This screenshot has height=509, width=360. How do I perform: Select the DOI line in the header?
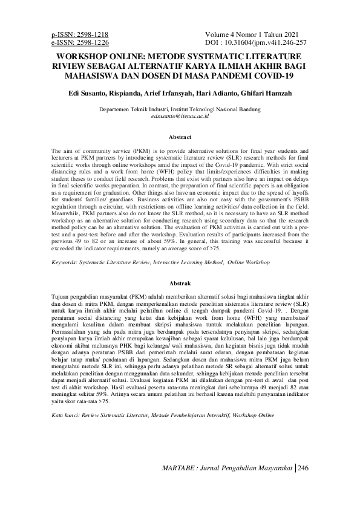tap(256, 43)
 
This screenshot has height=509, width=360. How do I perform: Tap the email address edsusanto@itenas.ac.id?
tap(179, 115)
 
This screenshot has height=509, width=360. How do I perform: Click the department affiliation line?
tap(179, 109)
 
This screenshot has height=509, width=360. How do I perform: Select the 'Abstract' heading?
tap(179, 138)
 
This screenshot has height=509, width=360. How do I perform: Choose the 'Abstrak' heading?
tap(179, 283)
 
